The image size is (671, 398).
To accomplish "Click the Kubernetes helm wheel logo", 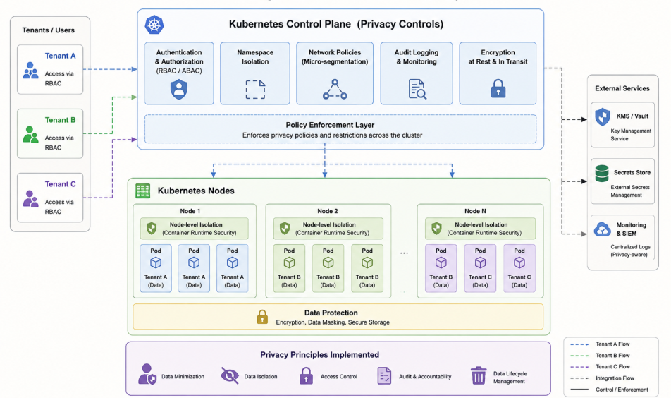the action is [154, 25].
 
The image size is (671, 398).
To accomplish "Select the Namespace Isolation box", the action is [255, 73].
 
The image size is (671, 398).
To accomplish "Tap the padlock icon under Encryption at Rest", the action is [498, 88].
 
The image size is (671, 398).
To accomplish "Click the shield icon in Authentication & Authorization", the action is [179, 90].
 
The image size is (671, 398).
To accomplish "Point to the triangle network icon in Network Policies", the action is [335, 89].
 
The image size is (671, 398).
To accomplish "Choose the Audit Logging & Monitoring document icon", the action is [417, 89].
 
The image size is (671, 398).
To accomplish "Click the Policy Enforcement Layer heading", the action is [330, 125].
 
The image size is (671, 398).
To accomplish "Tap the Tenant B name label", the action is [61, 120].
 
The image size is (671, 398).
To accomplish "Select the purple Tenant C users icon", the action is [31, 198].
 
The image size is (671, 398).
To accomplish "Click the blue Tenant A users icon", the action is [31, 71].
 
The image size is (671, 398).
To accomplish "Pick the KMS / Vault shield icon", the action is [603, 116].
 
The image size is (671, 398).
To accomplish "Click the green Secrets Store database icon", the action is [602, 174].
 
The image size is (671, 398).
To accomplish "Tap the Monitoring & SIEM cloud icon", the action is [603, 229].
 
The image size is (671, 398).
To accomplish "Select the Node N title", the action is [475, 211].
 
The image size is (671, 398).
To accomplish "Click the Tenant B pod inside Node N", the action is [441, 268].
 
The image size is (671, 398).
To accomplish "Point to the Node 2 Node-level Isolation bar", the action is [328, 229].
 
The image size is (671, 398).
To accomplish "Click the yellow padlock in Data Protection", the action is [262, 317].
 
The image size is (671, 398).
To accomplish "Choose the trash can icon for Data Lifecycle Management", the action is [479, 375].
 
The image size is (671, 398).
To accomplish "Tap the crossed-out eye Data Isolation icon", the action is [230, 375].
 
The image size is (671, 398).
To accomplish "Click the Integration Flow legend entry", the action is [608, 378].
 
